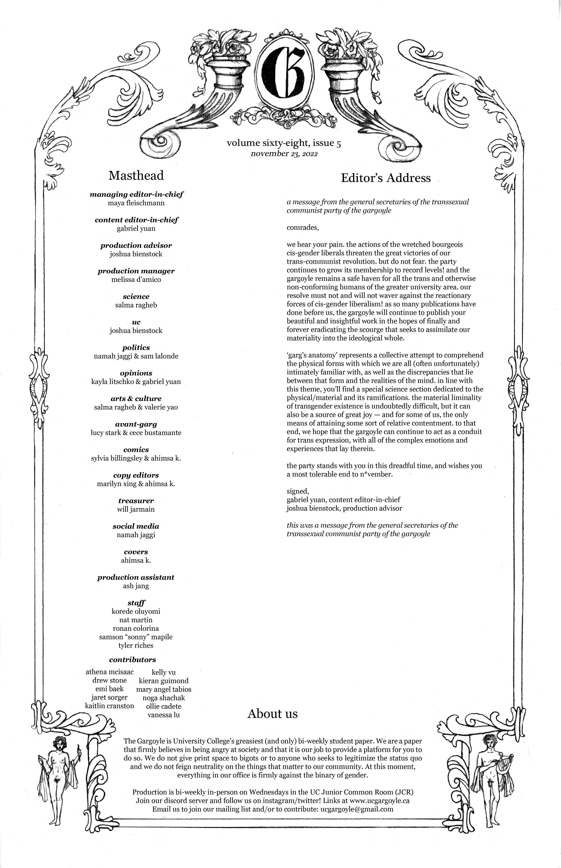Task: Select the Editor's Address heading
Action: [385, 178]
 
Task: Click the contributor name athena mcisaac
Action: [109, 672]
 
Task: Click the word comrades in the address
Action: [302, 228]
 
